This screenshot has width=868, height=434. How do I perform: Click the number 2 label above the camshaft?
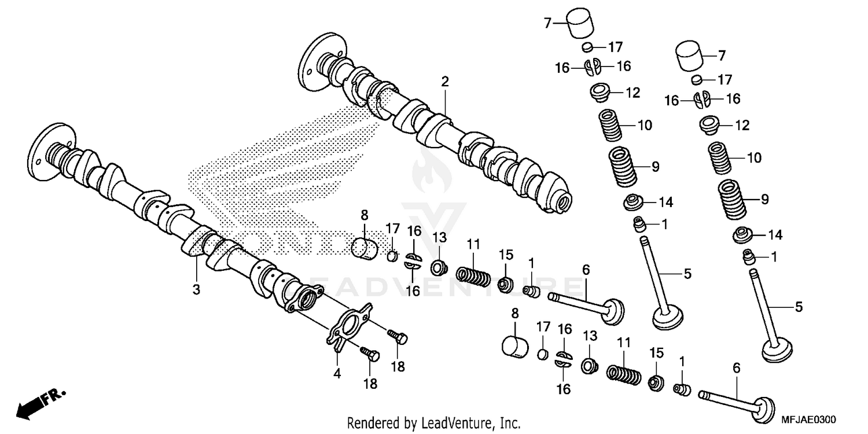[444, 82]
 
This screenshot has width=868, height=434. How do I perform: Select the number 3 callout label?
[196, 289]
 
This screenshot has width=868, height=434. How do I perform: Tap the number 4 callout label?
[337, 374]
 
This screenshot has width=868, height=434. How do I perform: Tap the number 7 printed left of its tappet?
[546, 23]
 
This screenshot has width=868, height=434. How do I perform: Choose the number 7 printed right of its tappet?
[721, 56]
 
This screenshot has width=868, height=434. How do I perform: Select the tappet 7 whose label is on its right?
[693, 56]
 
